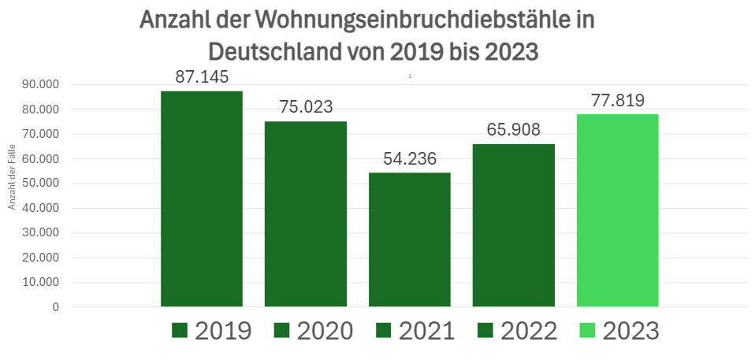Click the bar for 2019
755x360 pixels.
coord(201,199)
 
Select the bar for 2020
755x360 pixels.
coord(305,213)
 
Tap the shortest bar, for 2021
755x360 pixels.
coord(409,239)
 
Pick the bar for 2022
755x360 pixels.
coord(513,225)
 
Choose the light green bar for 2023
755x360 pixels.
coord(617,210)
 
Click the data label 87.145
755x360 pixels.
coord(201,78)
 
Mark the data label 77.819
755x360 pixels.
coord(617,101)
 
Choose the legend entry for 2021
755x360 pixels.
coord(415,331)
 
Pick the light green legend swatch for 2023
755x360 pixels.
coord(587,331)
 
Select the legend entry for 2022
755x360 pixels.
coord(517,331)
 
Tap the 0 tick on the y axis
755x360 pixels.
coord(55,307)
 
